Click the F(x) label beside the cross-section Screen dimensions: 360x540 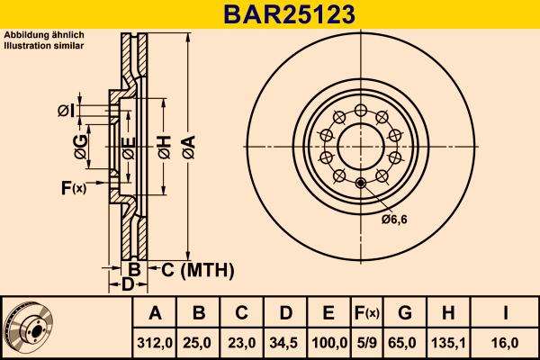(x=73, y=187)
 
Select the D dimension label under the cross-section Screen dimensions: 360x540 (x=128, y=285)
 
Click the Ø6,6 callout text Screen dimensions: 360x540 (x=394, y=219)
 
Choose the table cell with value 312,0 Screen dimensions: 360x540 (x=155, y=343)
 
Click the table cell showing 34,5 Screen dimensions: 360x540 (x=284, y=343)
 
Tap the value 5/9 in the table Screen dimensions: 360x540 (x=366, y=343)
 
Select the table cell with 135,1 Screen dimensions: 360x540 (x=449, y=343)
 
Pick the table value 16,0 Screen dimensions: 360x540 (x=507, y=343)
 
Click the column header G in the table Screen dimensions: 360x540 (x=405, y=313)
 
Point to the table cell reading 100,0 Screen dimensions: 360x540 (x=328, y=343)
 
